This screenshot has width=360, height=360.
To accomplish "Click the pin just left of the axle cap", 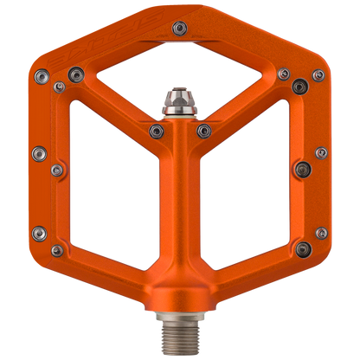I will pos(157,130).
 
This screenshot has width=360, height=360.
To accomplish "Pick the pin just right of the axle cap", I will pos(204,130).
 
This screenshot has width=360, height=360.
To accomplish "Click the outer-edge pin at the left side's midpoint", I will pos(37,155).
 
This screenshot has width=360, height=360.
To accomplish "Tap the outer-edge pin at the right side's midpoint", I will pos(322,155).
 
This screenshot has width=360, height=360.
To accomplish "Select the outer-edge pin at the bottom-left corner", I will pos(39,232).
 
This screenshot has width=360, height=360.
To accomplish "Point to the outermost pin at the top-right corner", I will pos(318,76).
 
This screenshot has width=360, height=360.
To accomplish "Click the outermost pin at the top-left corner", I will pos(41,75).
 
